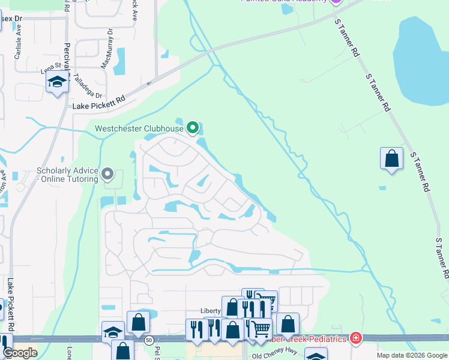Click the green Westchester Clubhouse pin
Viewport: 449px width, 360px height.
[193, 127]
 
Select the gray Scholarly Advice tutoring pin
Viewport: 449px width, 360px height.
[107, 174]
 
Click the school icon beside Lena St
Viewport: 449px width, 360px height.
[57, 81]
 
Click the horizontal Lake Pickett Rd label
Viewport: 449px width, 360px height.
[98, 102]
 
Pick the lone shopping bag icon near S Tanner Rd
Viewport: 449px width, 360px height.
[391, 158]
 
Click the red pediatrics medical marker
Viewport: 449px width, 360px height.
[356, 338]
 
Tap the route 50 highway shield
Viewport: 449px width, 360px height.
[148, 340]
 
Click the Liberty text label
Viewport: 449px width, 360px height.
[210, 311]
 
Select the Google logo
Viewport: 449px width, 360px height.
[20, 353]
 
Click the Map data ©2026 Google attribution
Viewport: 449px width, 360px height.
[412, 355]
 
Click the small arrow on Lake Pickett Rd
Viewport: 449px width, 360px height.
[147, 82]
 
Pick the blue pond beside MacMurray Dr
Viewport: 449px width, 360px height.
[119, 61]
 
